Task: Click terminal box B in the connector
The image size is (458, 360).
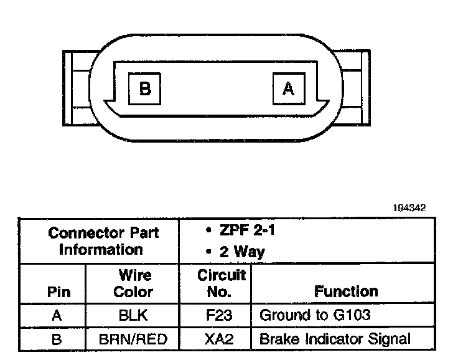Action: tap(144, 88)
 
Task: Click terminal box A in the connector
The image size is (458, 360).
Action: tap(288, 88)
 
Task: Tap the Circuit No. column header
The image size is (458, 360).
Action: tap(218, 283)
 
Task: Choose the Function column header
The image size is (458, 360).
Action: tap(346, 291)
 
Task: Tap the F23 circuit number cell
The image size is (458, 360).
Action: tap(218, 315)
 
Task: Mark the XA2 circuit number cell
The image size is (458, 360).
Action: tap(218, 339)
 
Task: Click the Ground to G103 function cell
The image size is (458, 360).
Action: tap(315, 315)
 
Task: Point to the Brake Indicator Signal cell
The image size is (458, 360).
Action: tap(335, 339)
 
